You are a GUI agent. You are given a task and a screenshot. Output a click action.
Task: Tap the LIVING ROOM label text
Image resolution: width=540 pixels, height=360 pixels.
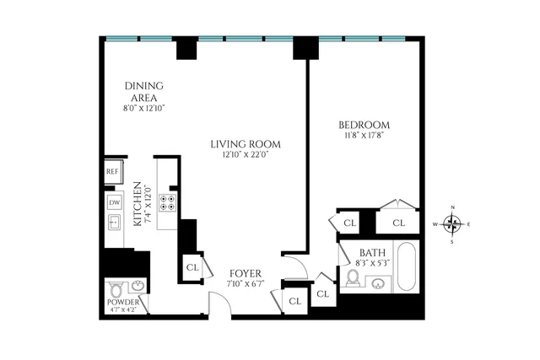coord(246,144)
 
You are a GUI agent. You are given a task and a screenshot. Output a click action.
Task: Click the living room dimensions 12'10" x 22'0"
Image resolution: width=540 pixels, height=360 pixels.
coord(246,155)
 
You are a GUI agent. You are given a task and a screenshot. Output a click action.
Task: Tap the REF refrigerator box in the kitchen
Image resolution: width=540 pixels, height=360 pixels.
coord(113,172)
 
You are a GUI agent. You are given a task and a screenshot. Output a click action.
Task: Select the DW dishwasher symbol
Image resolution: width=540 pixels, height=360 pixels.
coord(114,202)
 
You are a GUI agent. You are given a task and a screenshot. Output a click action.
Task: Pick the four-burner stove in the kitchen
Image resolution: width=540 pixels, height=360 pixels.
coord(168,202)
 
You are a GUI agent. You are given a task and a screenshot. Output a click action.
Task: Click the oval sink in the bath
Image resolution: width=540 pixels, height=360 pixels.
coord(379,282)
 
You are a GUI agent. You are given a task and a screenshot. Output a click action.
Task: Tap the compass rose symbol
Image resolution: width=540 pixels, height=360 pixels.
coord(453,224)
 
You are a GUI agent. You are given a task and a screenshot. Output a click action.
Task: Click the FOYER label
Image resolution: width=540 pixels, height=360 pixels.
coord(246,274)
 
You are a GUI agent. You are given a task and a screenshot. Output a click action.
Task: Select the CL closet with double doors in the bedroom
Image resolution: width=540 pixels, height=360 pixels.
coord(398,223)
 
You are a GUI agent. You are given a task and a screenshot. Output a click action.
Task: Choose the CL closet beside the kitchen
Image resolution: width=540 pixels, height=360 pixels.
coord(192,267)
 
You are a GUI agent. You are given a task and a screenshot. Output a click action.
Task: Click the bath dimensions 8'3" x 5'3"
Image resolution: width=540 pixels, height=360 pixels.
coord(372,262)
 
